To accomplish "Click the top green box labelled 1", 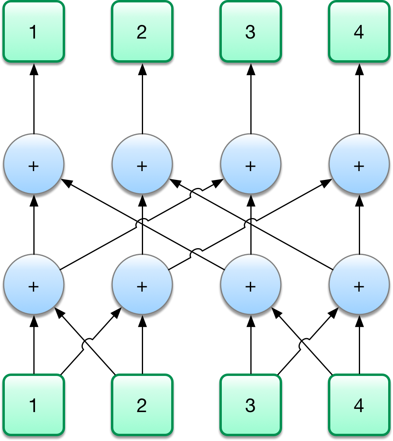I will [34, 32].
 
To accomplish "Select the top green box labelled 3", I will [250, 32].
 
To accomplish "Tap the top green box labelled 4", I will [359, 32].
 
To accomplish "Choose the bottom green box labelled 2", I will [142, 405].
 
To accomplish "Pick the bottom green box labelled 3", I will [250, 405].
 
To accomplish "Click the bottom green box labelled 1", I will [34, 405].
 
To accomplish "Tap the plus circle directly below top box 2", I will [142, 165].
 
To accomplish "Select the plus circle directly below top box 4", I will [359, 165].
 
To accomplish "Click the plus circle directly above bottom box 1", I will [34, 286].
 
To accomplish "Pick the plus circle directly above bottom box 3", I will [250, 286].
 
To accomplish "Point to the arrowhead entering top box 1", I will [34, 69].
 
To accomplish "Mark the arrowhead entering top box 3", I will [250, 69].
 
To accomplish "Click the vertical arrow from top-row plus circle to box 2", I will [142, 100].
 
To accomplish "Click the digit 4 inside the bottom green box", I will [359, 405].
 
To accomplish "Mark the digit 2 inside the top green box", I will [142, 32].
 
